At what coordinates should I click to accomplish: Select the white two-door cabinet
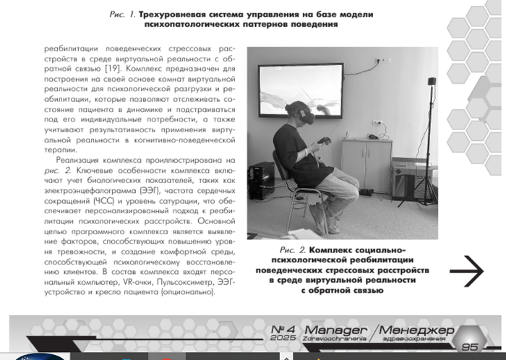[x=367, y=163]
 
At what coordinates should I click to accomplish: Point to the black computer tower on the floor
[x=260, y=181]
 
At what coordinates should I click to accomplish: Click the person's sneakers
[x=329, y=224]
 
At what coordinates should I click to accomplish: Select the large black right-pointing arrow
[x=466, y=271]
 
